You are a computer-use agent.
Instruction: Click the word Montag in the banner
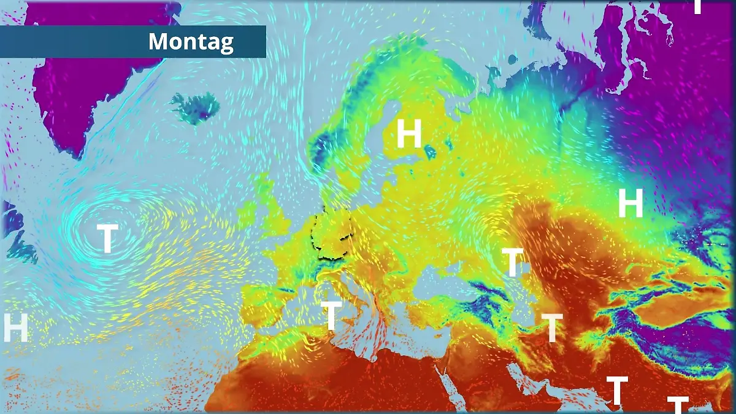click(191, 42)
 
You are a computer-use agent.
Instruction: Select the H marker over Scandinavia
click(409, 133)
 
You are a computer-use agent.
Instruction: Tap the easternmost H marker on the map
click(630, 203)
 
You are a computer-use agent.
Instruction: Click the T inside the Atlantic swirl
click(107, 238)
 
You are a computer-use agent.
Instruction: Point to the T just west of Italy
click(331, 315)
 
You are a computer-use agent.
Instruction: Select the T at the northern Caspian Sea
click(512, 263)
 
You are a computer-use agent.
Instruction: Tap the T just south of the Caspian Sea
click(552, 328)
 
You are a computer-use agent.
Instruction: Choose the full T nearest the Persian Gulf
click(617, 390)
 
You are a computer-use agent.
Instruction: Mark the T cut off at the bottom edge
click(678, 404)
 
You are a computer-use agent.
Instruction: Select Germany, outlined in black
click(332, 232)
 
